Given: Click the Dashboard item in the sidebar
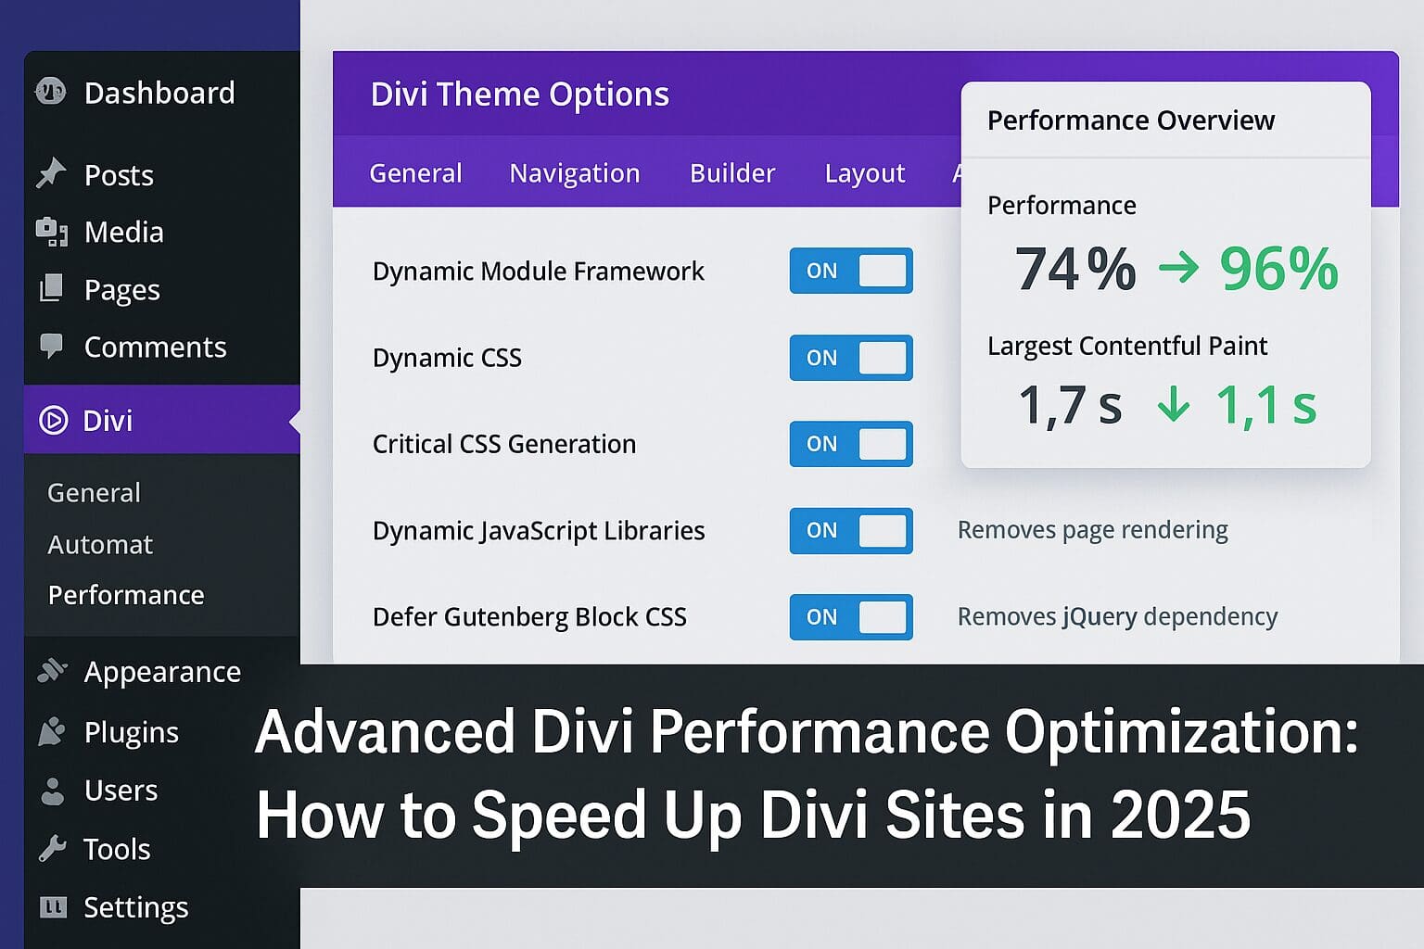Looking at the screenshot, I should (159, 93).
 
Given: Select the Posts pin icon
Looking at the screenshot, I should (51, 173).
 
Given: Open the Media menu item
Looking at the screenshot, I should (123, 232).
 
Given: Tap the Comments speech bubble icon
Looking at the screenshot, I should (51, 346).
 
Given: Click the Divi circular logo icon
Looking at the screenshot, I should (54, 420).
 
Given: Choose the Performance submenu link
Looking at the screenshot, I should (126, 595).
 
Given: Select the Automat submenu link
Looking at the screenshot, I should (100, 544).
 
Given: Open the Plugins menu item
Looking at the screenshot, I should (131, 732).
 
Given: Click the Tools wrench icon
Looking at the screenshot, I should (52, 848).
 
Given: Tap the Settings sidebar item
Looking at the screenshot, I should (135, 907).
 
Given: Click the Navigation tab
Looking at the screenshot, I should (575, 173).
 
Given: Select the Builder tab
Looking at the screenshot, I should (732, 173).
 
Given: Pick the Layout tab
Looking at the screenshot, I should (864, 173).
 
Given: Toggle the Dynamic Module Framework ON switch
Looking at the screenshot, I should (851, 271).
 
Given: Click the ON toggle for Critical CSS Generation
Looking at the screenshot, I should (851, 444).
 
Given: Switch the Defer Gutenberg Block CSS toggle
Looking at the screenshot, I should (851, 617).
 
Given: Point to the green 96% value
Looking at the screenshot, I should (1278, 269).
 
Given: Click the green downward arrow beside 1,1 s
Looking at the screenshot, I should (1174, 404).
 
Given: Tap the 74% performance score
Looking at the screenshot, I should (1075, 269).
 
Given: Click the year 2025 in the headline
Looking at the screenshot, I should (1180, 815).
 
